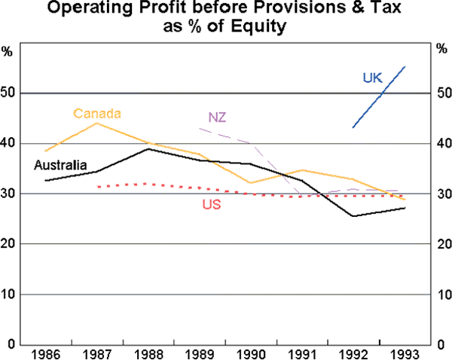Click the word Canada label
pyautogui.click(x=97, y=114)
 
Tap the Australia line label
pyautogui.click(x=61, y=166)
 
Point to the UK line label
pyautogui.click(x=371, y=77)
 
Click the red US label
pyautogui.click(x=211, y=204)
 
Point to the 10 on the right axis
pyautogui.click(x=443, y=294)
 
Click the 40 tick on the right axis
pyautogui.click(x=443, y=144)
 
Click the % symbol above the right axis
pyautogui.click(x=443, y=51)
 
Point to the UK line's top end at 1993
pyautogui.click(x=405, y=66)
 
